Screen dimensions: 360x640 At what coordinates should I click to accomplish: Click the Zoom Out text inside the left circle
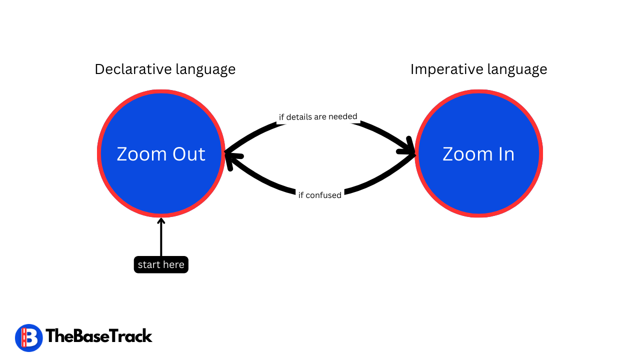pyautogui.click(x=161, y=154)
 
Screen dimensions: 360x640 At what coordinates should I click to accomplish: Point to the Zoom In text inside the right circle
pyautogui.click(x=478, y=154)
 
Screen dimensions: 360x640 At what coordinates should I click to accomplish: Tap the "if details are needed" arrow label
pyautogui.click(x=318, y=117)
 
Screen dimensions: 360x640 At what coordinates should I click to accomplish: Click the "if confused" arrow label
pyautogui.click(x=320, y=195)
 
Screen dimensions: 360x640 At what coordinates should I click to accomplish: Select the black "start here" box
pyautogui.click(x=161, y=264)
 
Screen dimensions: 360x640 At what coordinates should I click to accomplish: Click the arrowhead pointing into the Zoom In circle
pyautogui.click(x=410, y=147)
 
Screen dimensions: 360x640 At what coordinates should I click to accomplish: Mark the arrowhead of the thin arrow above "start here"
pyautogui.click(x=161, y=221)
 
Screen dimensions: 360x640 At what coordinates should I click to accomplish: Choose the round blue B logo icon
pyautogui.click(x=28, y=337)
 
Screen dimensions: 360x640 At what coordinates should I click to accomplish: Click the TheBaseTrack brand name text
pyautogui.click(x=99, y=336)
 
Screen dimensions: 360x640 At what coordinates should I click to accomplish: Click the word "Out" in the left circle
pyautogui.click(x=189, y=154)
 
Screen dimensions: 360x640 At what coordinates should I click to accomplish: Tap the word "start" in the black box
pyautogui.click(x=148, y=264)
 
